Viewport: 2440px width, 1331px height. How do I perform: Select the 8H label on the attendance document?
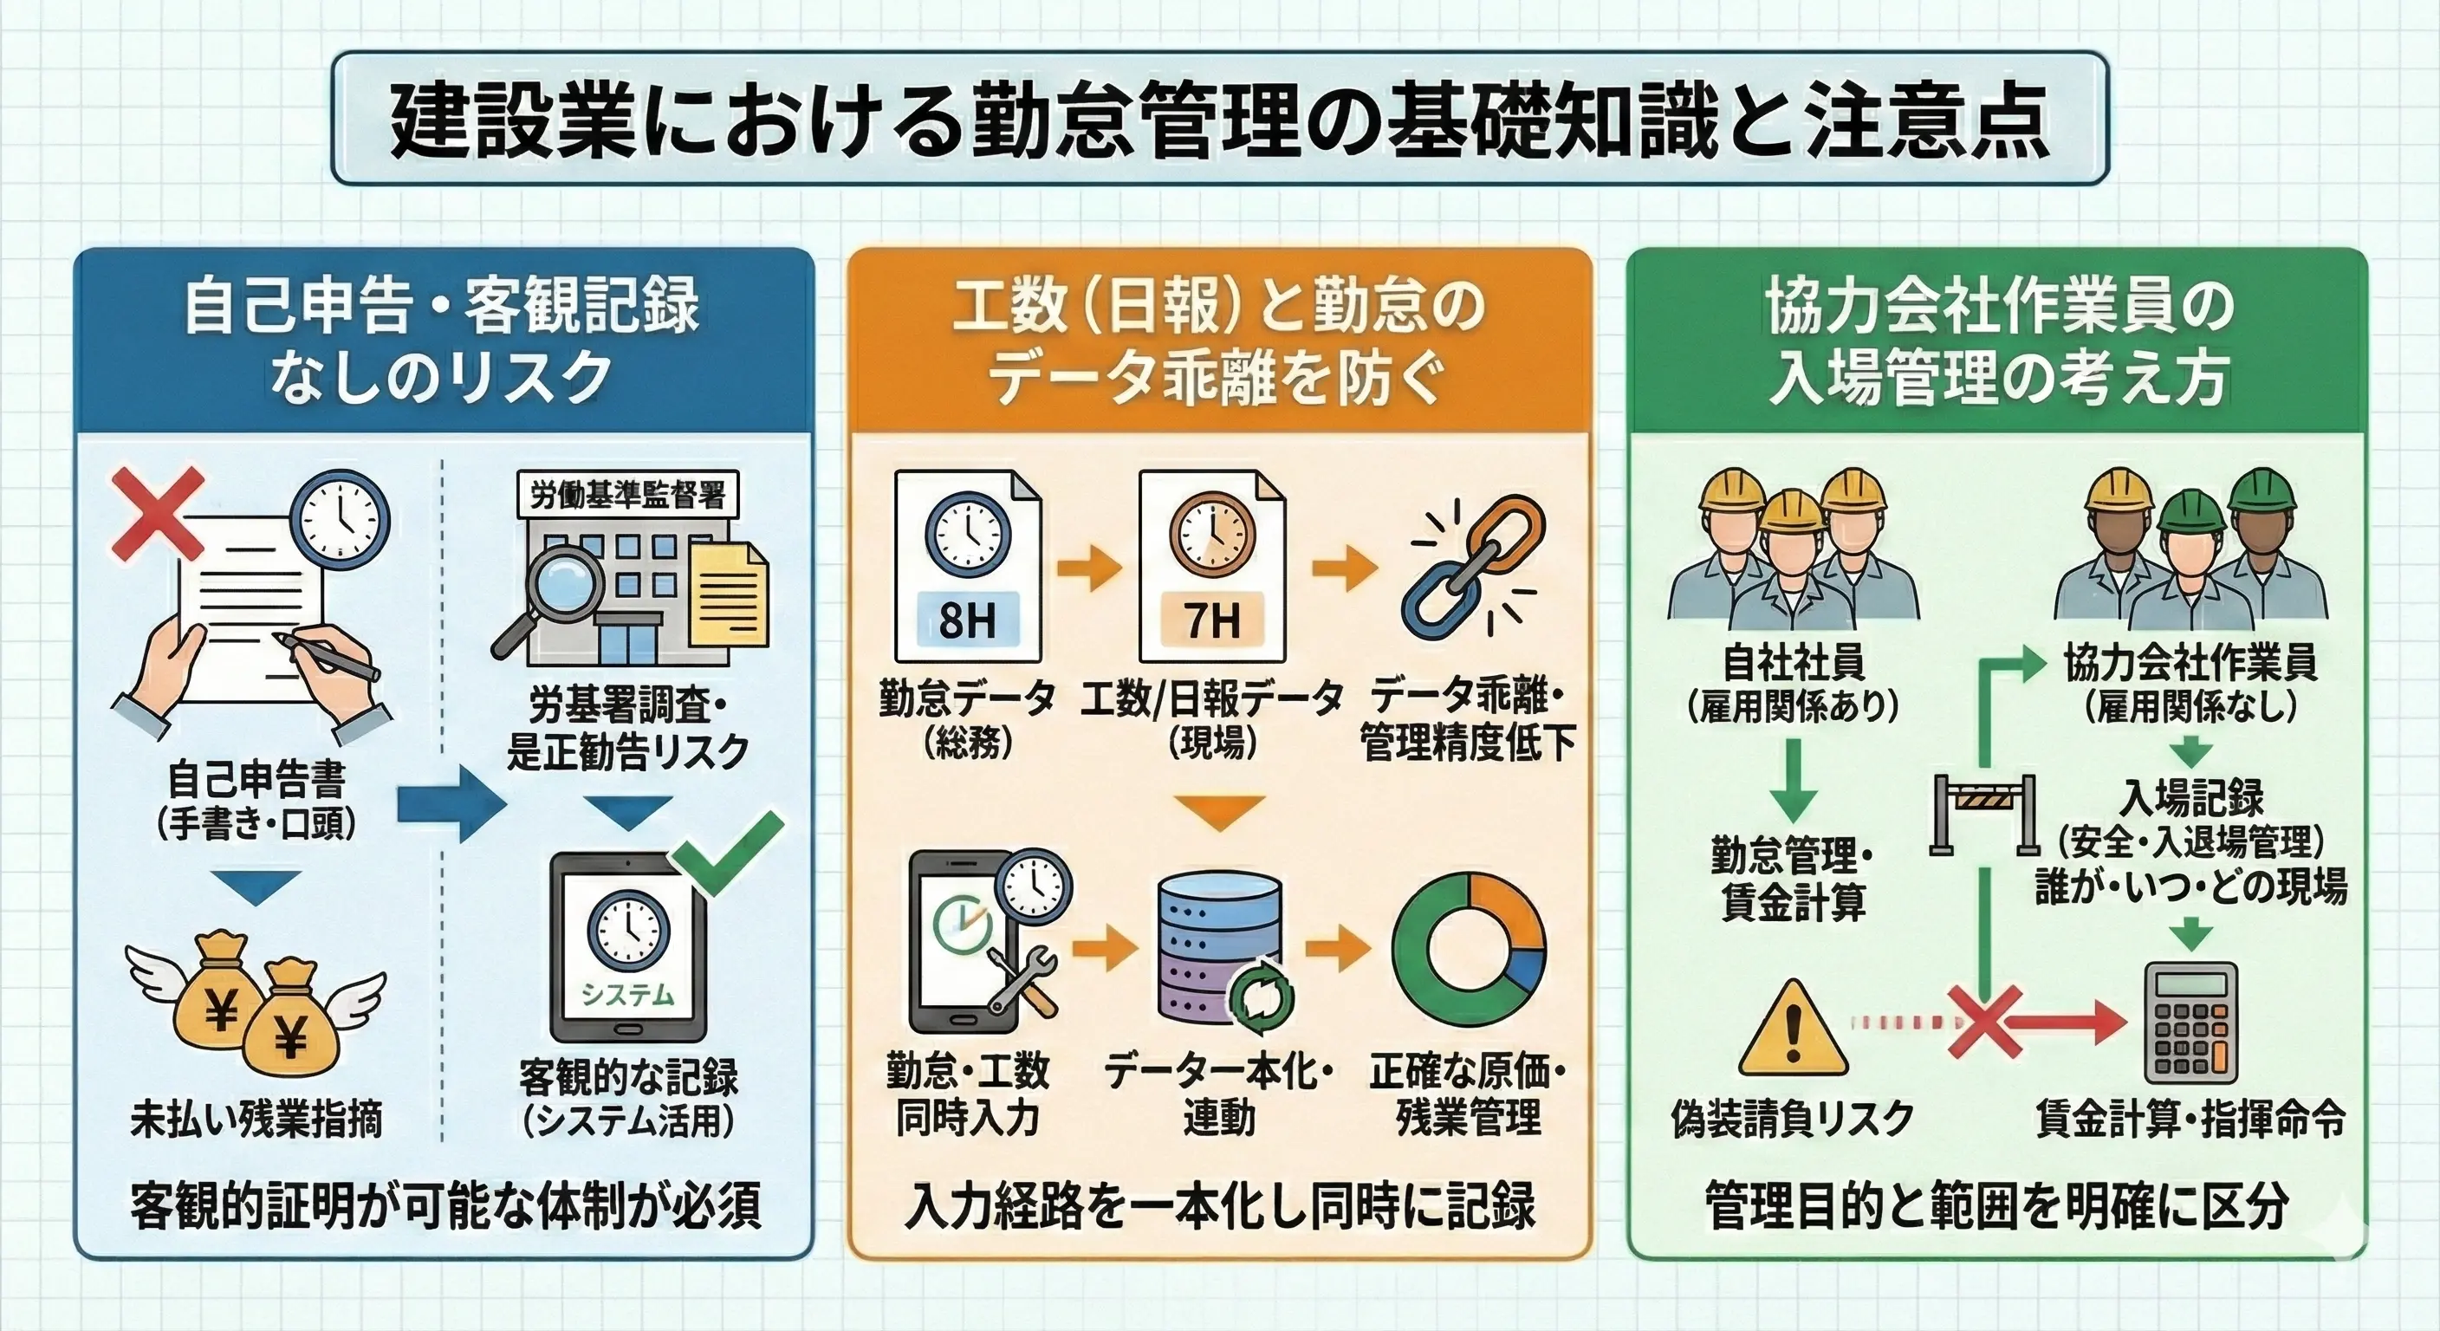point(967,621)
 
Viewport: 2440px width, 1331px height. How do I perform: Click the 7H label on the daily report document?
point(1211,621)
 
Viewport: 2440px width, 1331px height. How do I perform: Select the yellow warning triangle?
point(1793,1030)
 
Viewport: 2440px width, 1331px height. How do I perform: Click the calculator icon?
point(2190,1023)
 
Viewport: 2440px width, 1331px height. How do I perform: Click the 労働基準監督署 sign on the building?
point(627,495)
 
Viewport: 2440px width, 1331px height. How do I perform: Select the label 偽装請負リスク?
point(1793,1119)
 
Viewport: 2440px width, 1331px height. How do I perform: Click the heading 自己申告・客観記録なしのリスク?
point(443,341)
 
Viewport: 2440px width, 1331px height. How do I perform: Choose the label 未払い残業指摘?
point(256,1119)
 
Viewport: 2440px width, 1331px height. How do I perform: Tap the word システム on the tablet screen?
point(627,995)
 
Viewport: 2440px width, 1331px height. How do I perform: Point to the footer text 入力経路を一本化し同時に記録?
point(1220,1206)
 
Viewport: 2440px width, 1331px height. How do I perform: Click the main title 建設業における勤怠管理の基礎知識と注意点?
point(1220,120)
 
